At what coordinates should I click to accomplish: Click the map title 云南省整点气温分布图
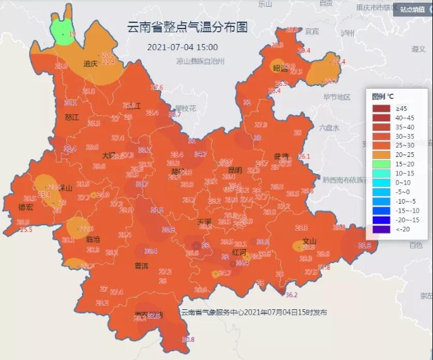coord(187,28)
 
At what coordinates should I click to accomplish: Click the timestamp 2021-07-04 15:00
coord(183,47)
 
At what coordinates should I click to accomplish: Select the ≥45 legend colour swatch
coord(381,108)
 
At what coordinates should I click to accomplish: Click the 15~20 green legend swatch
coord(381,164)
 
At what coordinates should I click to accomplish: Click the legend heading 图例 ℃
coord(385,97)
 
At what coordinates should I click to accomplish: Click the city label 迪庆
coord(90,64)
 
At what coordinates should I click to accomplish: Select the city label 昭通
coord(280,68)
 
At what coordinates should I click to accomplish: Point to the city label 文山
coord(310,241)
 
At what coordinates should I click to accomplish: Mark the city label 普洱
coord(141,265)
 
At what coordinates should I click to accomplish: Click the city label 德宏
coord(25,207)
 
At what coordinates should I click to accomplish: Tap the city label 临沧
coord(93,239)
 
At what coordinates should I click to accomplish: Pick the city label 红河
coord(240,251)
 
